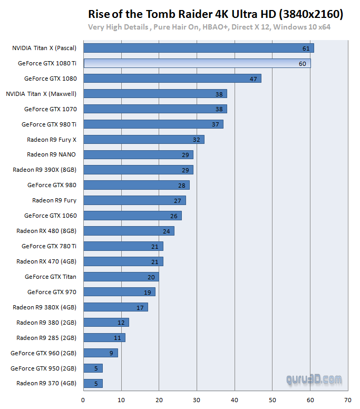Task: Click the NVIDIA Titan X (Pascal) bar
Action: [198, 48]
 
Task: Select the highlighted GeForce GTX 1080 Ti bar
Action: [197, 63]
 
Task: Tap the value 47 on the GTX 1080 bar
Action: [253, 79]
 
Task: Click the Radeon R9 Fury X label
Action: [52, 140]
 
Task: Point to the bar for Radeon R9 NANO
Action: [138, 155]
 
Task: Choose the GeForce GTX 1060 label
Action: [50, 216]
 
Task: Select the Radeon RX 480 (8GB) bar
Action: [129, 231]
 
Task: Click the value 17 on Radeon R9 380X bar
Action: [140, 307]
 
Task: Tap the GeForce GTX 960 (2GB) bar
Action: [100, 353]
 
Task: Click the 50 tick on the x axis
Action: [272, 400]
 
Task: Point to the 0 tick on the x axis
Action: [83, 400]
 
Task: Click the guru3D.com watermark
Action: [314, 379]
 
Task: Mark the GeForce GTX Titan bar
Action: [121, 277]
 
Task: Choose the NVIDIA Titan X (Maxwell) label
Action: [41, 94]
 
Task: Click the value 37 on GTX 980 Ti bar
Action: [215, 124]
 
